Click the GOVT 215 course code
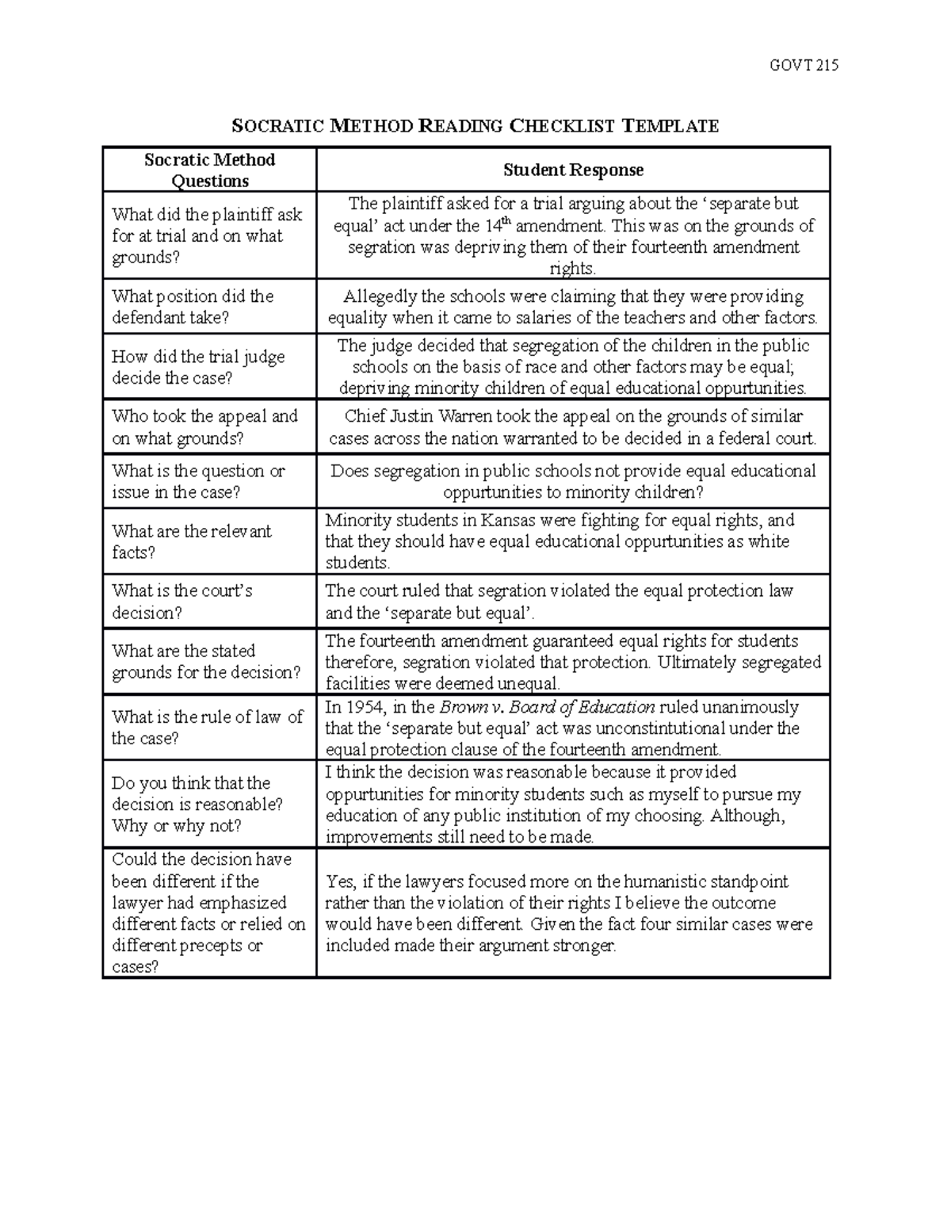(804, 65)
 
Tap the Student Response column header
(573, 170)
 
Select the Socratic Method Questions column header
(210, 170)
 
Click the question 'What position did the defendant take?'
(193, 307)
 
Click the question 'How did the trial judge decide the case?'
(198, 367)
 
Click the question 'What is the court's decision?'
(182, 602)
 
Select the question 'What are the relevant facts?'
(191, 541)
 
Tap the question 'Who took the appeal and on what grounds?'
(204, 427)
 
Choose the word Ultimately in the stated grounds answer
(697, 663)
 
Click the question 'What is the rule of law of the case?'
(207, 728)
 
